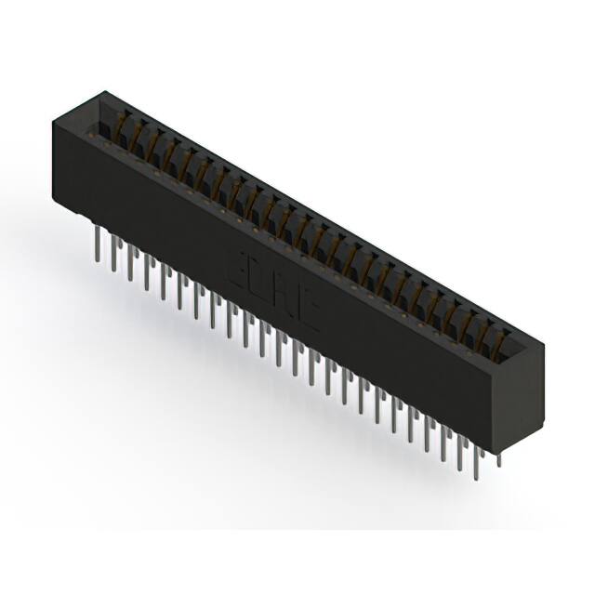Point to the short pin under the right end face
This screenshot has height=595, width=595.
(498, 457)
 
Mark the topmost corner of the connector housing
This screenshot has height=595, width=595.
(104, 91)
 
